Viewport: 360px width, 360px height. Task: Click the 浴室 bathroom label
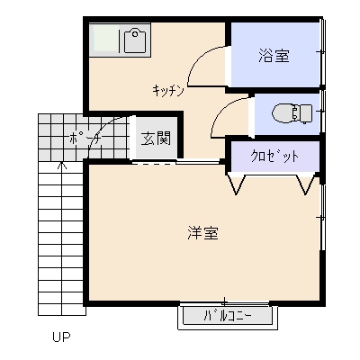(x=274, y=56)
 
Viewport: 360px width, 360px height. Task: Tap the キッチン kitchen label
(x=168, y=89)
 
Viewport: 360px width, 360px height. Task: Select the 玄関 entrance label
(x=155, y=139)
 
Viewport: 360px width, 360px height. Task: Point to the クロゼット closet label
(x=274, y=157)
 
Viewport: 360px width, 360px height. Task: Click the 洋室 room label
(x=203, y=233)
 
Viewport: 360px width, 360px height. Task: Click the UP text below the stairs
(x=60, y=338)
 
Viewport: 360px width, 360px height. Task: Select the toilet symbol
(x=290, y=113)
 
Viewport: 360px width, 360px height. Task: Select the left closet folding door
(x=238, y=184)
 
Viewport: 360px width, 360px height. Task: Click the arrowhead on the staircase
(x=61, y=165)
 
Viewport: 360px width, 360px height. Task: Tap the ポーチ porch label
(x=82, y=139)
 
